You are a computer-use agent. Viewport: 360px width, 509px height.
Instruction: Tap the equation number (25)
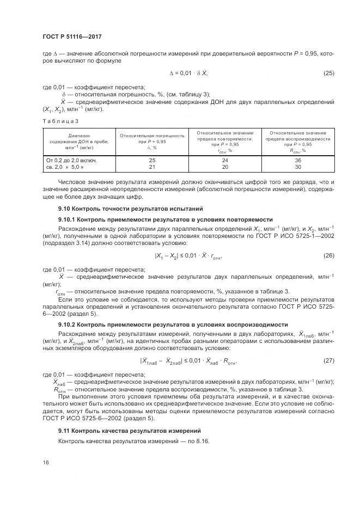click(x=328, y=73)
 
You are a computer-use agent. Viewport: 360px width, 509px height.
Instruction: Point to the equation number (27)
click(x=328, y=360)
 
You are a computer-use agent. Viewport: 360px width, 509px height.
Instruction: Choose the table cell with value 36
click(x=297, y=161)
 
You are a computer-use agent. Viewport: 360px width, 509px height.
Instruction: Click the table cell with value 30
click(x=297, y=167)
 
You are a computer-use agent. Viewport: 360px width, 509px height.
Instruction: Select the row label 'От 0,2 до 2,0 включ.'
click(x=71, y=161)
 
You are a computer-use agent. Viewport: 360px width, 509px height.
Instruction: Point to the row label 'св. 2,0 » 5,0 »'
click(x=66, y=167)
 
